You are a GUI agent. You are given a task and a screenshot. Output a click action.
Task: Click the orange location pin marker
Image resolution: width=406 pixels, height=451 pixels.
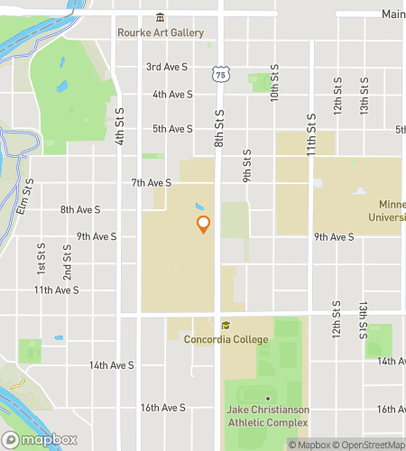204,224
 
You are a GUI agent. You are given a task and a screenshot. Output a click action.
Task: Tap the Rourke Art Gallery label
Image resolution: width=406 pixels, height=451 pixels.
161,32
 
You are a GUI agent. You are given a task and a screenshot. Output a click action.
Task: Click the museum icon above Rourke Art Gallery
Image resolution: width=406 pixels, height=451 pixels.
161,18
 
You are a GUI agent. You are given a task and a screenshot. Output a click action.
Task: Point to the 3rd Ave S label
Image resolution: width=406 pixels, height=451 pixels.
167,67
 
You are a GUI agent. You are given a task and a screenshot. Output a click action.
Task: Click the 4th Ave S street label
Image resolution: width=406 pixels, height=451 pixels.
172,94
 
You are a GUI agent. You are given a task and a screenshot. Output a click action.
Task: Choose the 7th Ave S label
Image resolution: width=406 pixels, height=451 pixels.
151,182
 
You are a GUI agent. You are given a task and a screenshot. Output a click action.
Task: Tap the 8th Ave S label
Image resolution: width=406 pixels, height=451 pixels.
80,209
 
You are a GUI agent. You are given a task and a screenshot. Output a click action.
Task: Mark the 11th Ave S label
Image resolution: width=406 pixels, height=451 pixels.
56,290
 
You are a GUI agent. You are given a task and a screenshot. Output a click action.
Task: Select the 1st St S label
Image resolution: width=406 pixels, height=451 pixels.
41,259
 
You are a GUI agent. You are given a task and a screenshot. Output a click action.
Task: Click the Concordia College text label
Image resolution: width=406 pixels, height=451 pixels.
226,339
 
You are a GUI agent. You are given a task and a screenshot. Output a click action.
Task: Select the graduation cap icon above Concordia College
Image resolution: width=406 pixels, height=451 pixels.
226,326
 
